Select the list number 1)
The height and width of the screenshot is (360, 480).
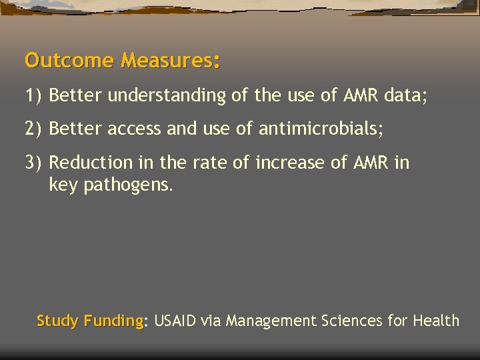[33, 96]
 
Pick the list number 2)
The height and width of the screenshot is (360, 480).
[33, 129]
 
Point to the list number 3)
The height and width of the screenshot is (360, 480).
[33, 163]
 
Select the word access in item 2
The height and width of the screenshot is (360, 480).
[135, 129]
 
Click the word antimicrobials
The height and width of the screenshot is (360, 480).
[319, 129]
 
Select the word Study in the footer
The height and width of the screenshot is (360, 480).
[57, 321]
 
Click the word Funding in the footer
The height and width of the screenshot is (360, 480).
[113, 321]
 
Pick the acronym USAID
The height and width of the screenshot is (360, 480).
[175, 321]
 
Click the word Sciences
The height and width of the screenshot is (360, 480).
[352, 321]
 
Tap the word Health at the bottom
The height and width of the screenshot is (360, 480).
[436, 321]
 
